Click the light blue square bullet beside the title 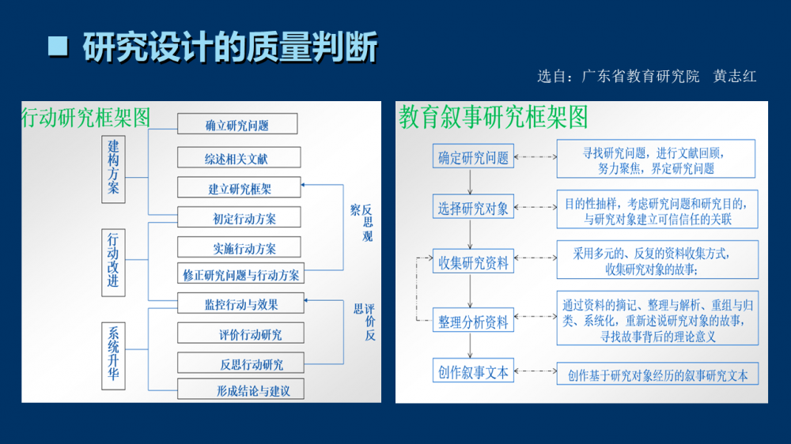pyautogui.click(x=58, y=47)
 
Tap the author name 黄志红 pyautogui.click(x=735, y=77)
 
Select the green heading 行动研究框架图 pyautogui.click(x=86, y=118)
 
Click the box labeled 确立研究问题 pyautogui.click(x=237, y=125)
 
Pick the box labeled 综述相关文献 pyautogui.click(x=237, y=158)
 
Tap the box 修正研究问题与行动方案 pyautogui.click(x=241, y=275)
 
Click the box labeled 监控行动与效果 pyautogui.click(x=241, y=303)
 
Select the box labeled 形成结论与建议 pyautogui.click(x=241, y=390)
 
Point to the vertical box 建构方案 pyautogui.click(x=114, y=167)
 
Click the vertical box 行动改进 pyautogui.click(x=114, y=262)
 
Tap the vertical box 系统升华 pyautogui.click(x=114, y=354)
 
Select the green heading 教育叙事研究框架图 pyautogui.click(x=494, y=118)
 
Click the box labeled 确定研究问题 pyautogui.click(x=473, y=157)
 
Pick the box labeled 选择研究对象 pyautogui.click(x=473, y=209)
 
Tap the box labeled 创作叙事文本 pyautogui.click(x=473, y=371)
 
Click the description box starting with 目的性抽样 pyautogui.click(x=657, y=210)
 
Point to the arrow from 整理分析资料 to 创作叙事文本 pyautogui.click(x=471, y=345)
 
